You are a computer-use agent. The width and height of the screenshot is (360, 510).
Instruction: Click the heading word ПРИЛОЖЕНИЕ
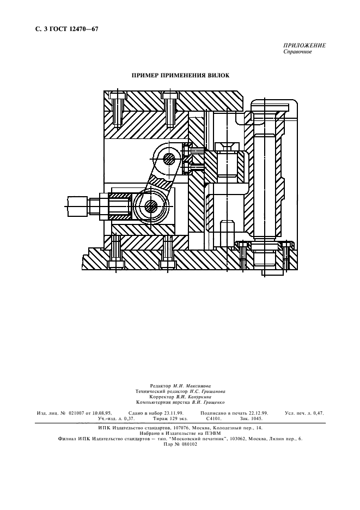[304, 46]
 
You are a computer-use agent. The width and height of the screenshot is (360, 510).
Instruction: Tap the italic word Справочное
[297, 52]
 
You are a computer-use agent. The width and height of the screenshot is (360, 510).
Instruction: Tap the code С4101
[213, 419]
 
